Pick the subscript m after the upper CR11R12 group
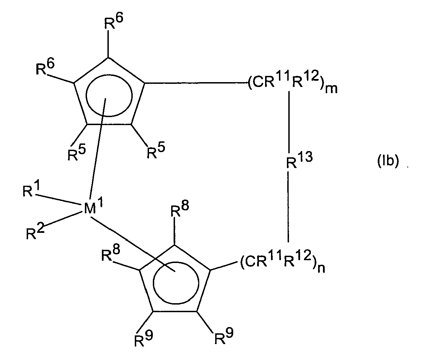(331, 89)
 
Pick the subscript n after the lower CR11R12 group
(321, 268)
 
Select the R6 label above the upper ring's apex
(113, 21)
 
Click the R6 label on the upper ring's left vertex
(45, 67)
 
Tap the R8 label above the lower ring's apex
(179, 209)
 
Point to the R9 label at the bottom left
(143, 339)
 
